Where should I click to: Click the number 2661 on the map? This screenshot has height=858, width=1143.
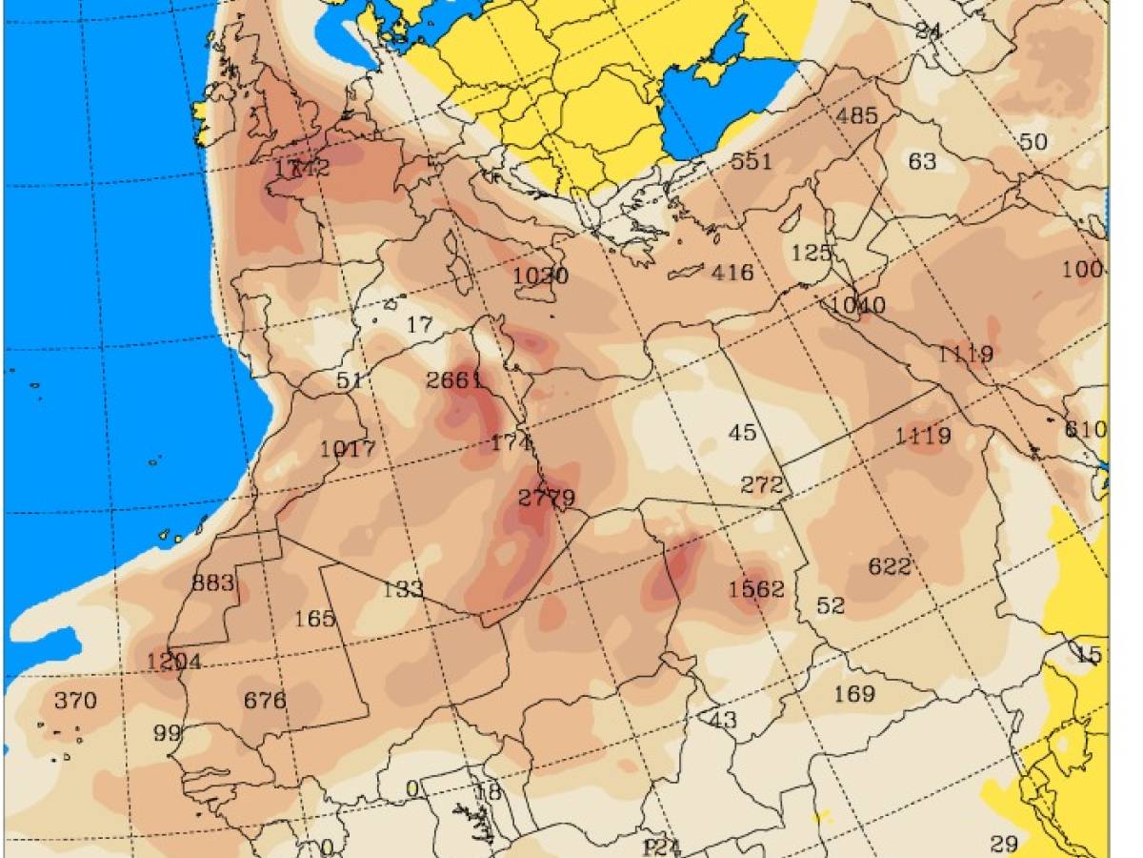pos(454,380)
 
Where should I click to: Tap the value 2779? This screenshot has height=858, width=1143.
pos(547,498)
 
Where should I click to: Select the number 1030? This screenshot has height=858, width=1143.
pos(540,276)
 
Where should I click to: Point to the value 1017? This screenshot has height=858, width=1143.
pos(348,449)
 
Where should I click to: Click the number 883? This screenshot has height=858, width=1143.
pos(213,582)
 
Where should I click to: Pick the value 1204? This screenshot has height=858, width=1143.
pos(173,661)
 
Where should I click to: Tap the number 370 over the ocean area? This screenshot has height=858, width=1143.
pos(75,701)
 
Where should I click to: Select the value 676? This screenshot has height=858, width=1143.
pos(265,701)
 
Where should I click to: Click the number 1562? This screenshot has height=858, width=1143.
pos(756,589)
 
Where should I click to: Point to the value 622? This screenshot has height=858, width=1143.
pos(890,566)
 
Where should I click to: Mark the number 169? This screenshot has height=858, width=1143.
pos(854,693)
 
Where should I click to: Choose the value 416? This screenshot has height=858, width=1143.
pos(732,274)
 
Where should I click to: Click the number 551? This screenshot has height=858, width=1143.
pos(751,161)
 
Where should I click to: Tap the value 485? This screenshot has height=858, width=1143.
pos(856,116)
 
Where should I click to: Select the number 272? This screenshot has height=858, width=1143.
pos(762,484)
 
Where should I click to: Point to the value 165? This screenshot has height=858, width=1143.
pos(314,619)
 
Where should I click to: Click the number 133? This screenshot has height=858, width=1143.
pos(402,589)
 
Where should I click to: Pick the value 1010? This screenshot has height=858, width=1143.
pos(858,306)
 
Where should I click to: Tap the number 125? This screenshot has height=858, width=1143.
pos(812,254)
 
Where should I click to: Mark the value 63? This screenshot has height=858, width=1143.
pos(922,161)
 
